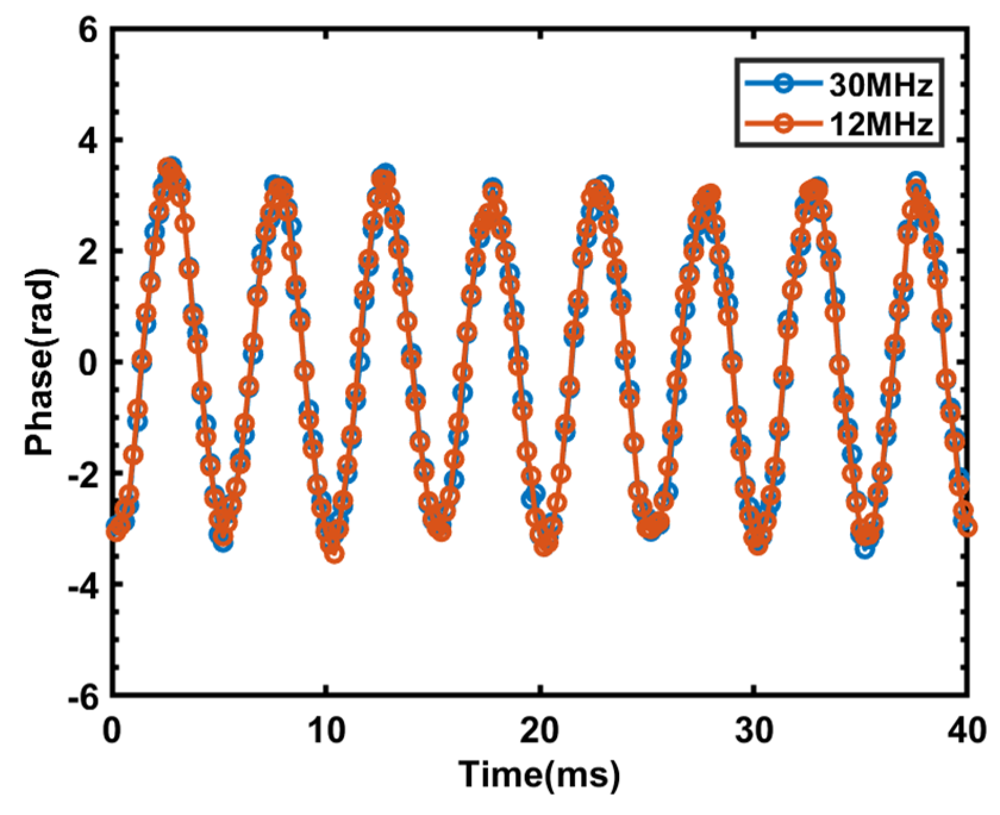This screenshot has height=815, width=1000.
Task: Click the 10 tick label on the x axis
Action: pos(326,731)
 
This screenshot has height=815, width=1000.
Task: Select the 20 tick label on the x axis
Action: pos(539,731)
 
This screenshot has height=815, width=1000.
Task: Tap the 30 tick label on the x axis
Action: pos(754,731)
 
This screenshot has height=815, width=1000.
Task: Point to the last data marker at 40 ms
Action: pos(968,527)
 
